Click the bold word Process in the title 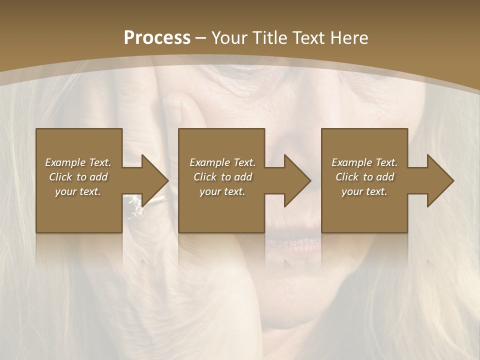(157, 38)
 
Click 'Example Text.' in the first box (78, 162)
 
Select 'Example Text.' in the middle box (222, 162)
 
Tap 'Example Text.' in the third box (364, 162)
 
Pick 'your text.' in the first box (78, 191)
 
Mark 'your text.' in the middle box (222, 191)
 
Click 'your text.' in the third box (364, 191)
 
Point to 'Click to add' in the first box (78, 177)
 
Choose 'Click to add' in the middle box (222, 177)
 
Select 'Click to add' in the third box (364, 177)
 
